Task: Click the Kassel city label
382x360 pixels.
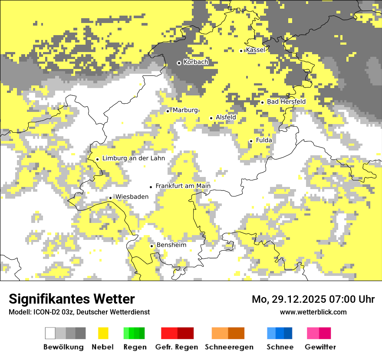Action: pos(255,50)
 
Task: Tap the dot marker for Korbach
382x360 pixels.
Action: pos(179,63)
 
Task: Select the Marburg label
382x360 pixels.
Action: pos(185,110)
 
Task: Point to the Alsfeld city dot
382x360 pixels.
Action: pos(211,118)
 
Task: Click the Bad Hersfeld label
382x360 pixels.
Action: pos(286,101)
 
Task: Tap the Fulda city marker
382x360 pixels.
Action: pos(251,141)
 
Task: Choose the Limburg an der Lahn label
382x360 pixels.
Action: pos(133,158)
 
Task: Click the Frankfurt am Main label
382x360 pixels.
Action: pos(183,186)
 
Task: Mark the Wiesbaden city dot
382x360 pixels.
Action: pos(111,198)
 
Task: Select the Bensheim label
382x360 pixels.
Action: pos(171,245)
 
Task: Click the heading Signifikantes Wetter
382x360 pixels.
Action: pos(72,299)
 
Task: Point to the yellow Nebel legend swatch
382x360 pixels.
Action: pos(103,333)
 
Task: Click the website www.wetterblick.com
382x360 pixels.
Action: pos(313,312)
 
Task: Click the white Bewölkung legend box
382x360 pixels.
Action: pos(50,333)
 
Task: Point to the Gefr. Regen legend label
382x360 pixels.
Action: pos(177,347)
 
